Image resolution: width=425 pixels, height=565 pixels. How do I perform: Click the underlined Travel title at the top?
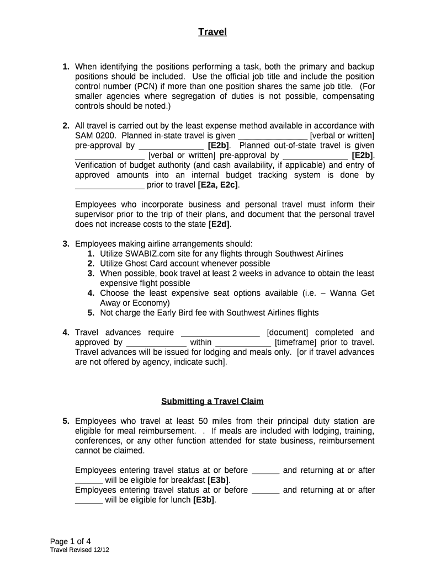coord(212,32)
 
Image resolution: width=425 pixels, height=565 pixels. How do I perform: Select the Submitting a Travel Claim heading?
coord(212,401)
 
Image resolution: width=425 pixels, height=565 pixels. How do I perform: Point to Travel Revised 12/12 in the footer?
coord(76,551)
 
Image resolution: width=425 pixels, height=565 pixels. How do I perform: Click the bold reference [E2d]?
coord(220,224)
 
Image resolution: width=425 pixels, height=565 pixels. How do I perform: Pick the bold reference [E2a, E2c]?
coord(218,185)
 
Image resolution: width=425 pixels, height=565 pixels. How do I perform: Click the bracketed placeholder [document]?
coord(288,332)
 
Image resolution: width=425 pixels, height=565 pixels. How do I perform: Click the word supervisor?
coord(97,214)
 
